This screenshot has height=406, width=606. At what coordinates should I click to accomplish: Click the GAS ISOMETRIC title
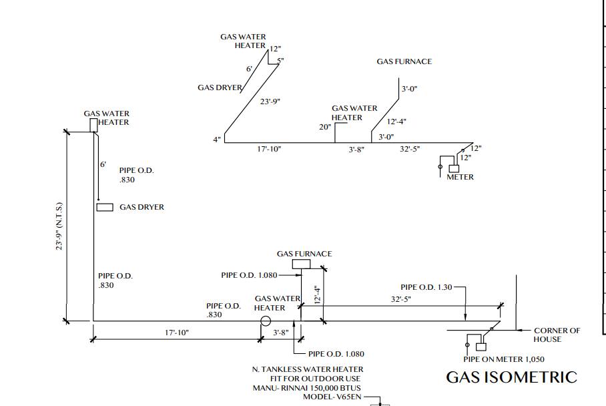(x=512, y=377)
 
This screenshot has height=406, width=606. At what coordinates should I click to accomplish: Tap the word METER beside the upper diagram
(x=460, y=177)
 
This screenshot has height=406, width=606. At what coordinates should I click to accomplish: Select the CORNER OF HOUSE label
(x=557, y=335)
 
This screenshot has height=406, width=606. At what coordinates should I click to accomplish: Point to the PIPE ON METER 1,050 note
(x=504, y=359)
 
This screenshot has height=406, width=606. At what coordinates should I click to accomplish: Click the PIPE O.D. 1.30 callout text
(x=426, y=287)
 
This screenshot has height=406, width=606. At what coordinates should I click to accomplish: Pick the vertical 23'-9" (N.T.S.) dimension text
(x=59, y=226)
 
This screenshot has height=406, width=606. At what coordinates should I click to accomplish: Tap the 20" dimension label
(x=325, y=127)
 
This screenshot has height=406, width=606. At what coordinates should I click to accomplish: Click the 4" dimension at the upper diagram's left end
(x=217, y=139)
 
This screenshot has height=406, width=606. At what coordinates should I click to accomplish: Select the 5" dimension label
(x=280, y=61)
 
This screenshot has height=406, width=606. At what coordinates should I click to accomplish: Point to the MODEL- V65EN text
(x=332, y=397)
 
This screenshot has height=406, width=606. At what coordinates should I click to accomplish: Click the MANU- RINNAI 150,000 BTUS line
(x=307, y=388)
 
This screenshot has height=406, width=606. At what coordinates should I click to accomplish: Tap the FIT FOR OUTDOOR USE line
(x=316, y=379)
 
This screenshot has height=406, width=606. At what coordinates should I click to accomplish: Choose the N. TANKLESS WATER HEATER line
(x=308, y=369)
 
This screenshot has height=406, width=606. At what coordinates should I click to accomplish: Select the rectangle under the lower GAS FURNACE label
(x=302, y=264)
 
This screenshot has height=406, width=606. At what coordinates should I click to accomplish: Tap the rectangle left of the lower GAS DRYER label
(x=105, y=207)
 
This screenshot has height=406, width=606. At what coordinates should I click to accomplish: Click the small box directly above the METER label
(x=454, y=168)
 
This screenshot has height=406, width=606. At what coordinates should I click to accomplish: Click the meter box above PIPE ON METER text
(x=481, y=347)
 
